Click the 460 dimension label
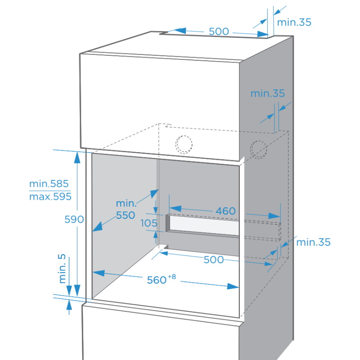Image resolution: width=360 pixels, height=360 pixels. [225, 211]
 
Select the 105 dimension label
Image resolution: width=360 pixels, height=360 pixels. [149, 223]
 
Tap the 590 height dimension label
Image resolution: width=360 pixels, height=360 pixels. [74, 220]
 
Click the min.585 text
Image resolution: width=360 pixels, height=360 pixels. [49, 184]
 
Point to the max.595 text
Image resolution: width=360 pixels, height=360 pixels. [50, 197]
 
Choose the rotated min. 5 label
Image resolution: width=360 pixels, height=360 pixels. [62, 268]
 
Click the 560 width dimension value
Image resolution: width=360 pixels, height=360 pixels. [157, 280]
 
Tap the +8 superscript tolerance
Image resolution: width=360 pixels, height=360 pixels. [172, 276]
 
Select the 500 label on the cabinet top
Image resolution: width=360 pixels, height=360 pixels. [219, 31]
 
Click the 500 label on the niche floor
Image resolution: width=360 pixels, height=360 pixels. [213, 260]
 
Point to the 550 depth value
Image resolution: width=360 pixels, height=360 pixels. [126, 216]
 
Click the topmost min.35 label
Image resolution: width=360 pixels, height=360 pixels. [294, 22]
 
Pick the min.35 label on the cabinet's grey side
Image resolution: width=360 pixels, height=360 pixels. [267, 94]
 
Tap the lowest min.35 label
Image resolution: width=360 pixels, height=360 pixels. [313, 242]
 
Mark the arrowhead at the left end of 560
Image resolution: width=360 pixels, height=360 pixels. [99, 273]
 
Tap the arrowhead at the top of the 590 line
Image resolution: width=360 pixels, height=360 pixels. [77, 157]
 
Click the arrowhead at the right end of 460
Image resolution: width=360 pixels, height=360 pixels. [274, 216]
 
